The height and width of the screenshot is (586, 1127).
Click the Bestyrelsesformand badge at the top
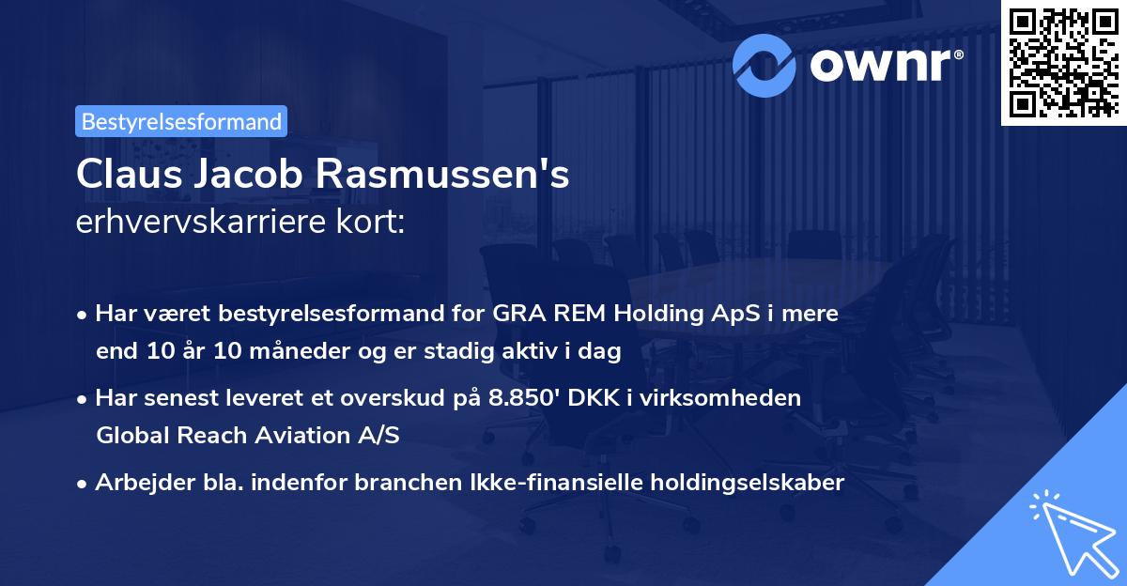181,121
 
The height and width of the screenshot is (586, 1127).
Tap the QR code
1062,63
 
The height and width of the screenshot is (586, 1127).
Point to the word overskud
388,397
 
